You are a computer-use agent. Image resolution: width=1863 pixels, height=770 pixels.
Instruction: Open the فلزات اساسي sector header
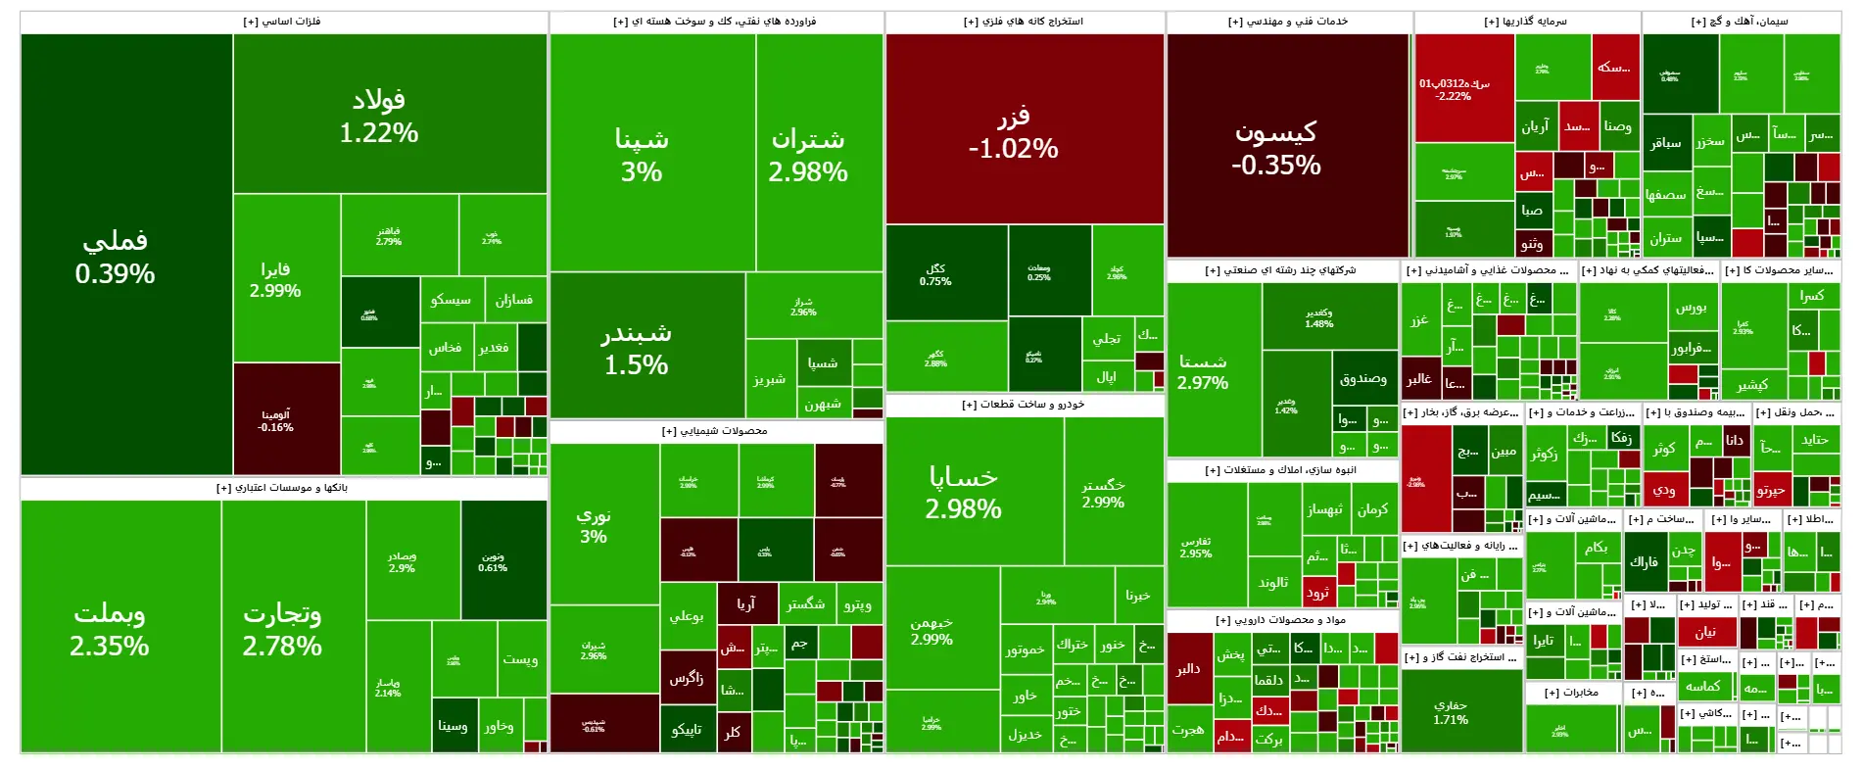point(282,22)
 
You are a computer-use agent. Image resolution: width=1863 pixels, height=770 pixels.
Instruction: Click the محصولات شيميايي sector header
point(715,431)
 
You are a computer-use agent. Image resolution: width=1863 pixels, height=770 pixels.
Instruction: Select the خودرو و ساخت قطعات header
point(1024,405)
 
